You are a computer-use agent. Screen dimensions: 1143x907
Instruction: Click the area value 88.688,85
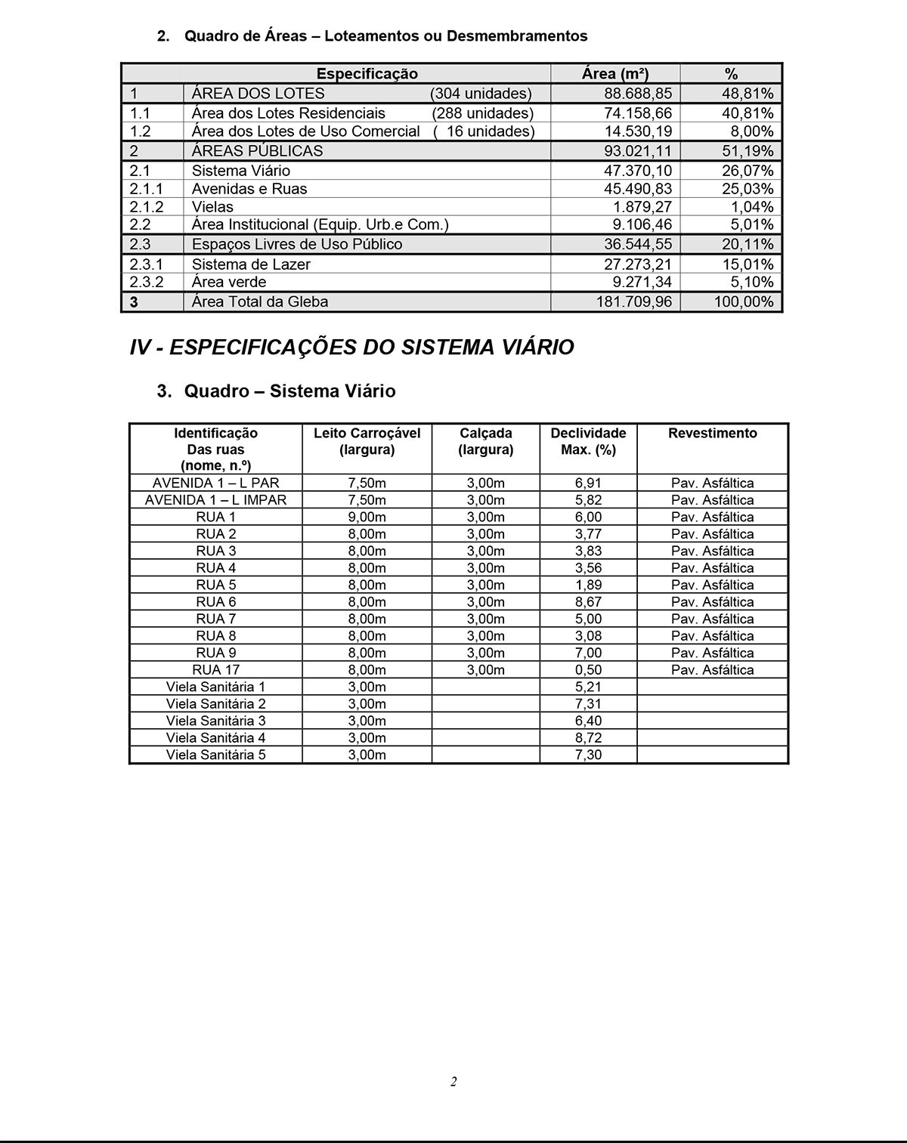click(637, 94)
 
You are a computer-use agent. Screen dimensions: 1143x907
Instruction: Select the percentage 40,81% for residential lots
click(747, 113)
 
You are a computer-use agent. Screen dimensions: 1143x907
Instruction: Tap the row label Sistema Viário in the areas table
click(240, 171)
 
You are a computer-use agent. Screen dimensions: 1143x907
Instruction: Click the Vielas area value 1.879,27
click(642, 207)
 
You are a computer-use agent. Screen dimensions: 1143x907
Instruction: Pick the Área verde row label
click(228, 282)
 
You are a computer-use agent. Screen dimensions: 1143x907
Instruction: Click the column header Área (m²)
click(614, 74)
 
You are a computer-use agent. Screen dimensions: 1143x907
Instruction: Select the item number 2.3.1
click(146, 264)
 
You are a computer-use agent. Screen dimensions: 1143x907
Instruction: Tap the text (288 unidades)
click(482, 113)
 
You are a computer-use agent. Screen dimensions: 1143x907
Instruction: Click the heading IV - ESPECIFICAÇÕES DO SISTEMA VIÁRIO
click(351, 348)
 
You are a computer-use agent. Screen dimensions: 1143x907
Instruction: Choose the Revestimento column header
click(712, 434)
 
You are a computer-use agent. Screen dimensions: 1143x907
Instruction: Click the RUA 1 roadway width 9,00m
click(367, 517)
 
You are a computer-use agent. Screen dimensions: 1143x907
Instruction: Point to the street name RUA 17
click(216, 670)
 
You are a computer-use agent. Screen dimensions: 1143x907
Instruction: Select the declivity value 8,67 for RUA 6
click(588, 602)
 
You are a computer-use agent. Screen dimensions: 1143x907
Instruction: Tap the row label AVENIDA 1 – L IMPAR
click(216, 500)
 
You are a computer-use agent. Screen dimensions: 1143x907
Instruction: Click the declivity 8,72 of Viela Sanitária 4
click(588, 738)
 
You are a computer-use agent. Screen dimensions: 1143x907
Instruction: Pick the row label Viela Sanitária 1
click(216, 687)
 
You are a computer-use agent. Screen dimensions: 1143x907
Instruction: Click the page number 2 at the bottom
click(453, 1082)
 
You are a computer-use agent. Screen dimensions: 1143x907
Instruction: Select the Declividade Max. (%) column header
click(588, 442)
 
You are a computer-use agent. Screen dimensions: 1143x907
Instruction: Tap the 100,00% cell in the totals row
click(744, 301)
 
